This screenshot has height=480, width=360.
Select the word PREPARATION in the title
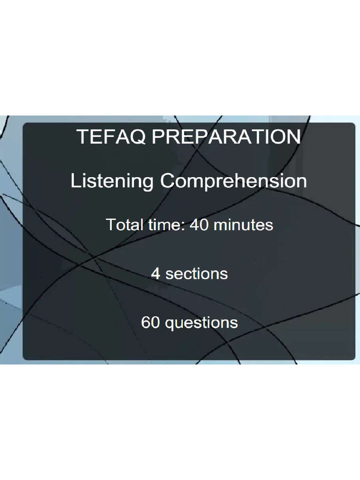click(226, 137)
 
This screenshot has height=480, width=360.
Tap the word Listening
click(112, 181)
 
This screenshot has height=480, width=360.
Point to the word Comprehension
click(233, 181)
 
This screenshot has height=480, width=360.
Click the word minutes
click(243, 225)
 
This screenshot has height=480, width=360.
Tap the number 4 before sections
click(156, 273)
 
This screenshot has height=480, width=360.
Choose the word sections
click(196, 273)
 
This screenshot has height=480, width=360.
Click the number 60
click(150, 322)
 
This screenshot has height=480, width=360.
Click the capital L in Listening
click(75, 181)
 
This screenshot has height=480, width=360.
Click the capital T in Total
click(111, 225)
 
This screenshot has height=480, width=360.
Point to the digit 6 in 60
click(146, 322)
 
